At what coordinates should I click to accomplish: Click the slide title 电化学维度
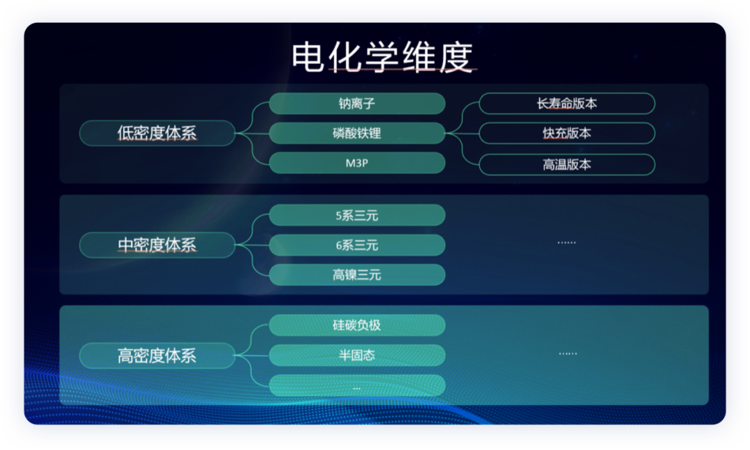382,57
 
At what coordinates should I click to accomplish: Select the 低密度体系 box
157,133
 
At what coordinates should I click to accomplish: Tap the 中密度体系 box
157,245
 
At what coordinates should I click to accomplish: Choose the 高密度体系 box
157,356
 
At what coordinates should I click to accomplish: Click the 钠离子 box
357,104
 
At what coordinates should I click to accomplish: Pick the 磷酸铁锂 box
357,133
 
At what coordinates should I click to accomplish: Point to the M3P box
357,163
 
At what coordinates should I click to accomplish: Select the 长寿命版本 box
567,104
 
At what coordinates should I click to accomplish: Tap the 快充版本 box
567,133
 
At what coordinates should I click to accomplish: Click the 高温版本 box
567,165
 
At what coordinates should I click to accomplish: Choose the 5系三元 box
357,216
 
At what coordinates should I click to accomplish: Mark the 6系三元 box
357,245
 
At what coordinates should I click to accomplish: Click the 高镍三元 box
357,275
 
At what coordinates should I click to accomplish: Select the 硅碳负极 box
357,325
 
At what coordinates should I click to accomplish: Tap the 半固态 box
357,356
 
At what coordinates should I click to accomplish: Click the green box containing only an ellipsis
357,386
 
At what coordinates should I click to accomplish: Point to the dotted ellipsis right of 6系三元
567,243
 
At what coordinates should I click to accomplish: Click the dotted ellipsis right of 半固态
568,354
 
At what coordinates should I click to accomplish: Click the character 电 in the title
308,57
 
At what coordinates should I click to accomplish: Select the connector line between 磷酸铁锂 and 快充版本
462,133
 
